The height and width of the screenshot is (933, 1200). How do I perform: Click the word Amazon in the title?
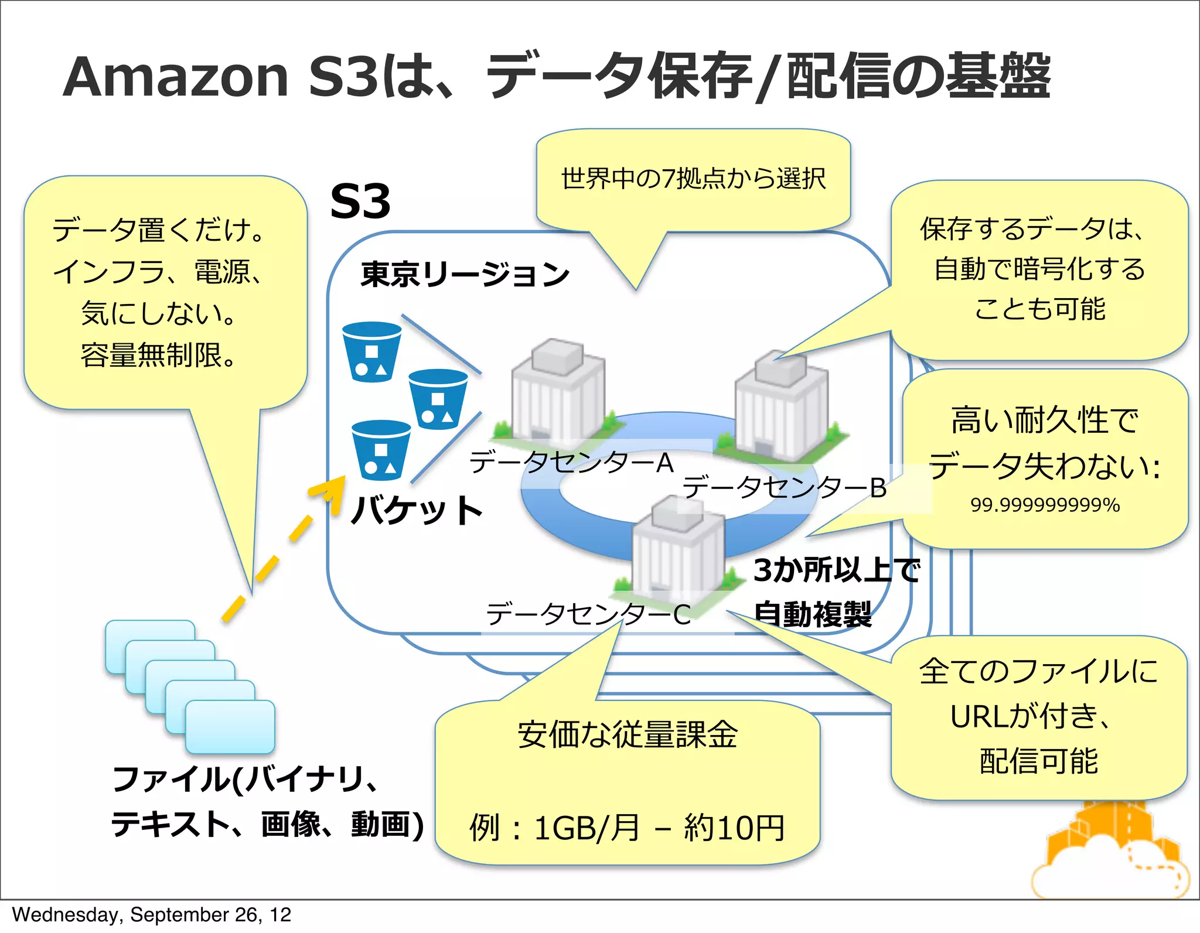coord(176,77)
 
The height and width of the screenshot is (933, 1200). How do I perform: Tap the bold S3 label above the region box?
coord(360,201)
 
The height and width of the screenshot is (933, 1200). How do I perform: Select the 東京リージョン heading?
coord(465,274)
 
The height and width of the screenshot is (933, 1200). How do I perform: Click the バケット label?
coord(417,510)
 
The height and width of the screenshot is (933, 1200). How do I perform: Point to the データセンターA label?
coord(571,463)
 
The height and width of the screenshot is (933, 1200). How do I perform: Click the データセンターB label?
coord(785,487)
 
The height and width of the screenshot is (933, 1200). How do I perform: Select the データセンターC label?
coord(588,614)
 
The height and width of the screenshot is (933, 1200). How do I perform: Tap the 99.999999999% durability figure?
coord(1045,505)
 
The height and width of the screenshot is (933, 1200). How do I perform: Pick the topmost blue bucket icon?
coord(371,351)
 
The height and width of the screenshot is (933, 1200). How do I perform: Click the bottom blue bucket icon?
coord(381,450)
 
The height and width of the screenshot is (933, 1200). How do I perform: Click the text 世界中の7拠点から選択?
coord(693,179)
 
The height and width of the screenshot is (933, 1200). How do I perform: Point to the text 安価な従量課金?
coord(627,734)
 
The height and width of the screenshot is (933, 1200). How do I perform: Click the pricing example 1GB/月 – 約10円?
coord(627,828)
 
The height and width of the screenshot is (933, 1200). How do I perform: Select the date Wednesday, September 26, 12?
coord(151,915)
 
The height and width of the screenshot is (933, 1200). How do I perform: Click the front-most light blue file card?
coord(230,726)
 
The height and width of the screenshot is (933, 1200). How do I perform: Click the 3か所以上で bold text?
coord(837,570)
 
